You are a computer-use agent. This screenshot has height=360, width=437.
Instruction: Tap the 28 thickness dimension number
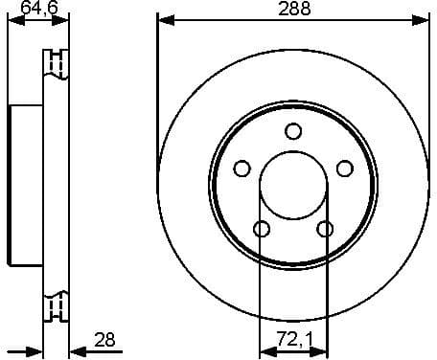[x=104, y=338]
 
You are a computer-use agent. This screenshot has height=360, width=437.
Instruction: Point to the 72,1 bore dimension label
[x=292, y=339]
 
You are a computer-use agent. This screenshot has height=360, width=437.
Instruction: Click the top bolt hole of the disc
[x=293, y=132]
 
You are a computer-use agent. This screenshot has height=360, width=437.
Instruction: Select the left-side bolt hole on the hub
[x=241, y=169]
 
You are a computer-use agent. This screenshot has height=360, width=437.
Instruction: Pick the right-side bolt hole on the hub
[x=345, y=169]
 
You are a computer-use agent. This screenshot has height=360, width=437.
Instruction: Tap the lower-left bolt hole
[x=261, y=229]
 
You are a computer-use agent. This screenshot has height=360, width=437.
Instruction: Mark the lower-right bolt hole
[x=325, y=229]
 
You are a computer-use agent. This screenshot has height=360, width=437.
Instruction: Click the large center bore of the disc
[x=293, y=185]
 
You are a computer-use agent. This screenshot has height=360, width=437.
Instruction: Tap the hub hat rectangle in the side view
[x=26, y=185]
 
